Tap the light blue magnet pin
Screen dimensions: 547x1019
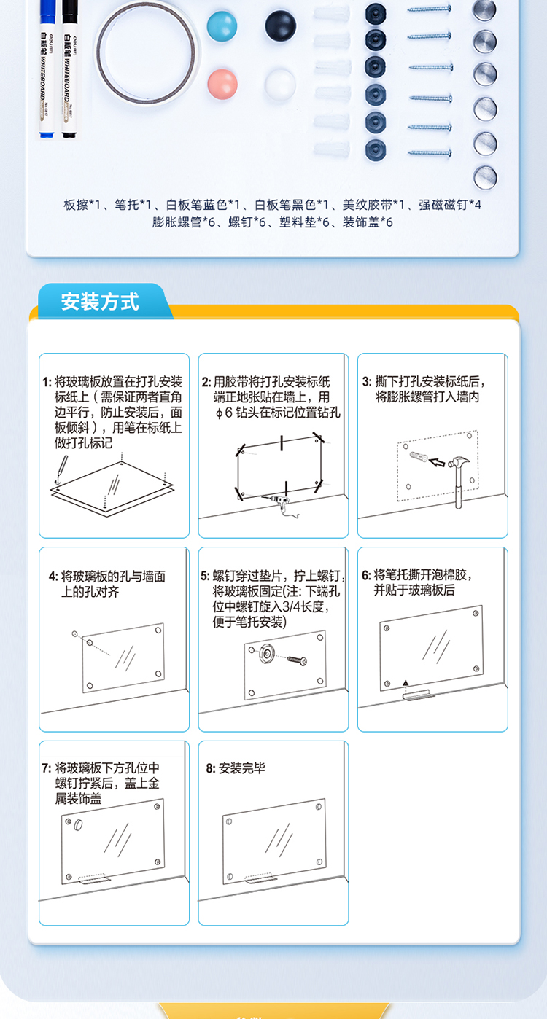pyautogui.click(x=222, y=26)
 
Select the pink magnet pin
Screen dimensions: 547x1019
pyautogui.click(x=222, y=84)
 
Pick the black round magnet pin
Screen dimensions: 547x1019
pyautogui.click(x=280, y=26)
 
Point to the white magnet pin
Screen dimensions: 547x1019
pyautogui.click(x=280, y=84)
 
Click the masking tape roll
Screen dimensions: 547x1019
pyautogui.click(x=147, y=51)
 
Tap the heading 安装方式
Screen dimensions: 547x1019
pyautogui.click(x=100, y=302)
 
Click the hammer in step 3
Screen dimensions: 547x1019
pyautogui.click(x=459, y=483)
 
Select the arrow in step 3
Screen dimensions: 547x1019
pyautogui.click(x=438, y=463)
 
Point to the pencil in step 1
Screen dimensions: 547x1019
pyautogui.click(x=62, y=468)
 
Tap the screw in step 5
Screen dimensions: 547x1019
pyautogui.click(x=297, y=660)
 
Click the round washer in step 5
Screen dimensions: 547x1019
pyautogui.click(x=267, y=654)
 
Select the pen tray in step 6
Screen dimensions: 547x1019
pyautogui.click(x=416, y=695)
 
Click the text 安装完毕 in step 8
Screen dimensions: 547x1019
pyautogui.click(x=241, y=768)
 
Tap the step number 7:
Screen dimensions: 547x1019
pyautogui.click(x=47, y=768)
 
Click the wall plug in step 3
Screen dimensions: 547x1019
pyautogui.click(x=419, y=456)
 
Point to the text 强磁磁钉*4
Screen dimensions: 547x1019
pyautogui.click(x=449, y=205)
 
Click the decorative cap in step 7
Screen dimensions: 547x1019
pyautogui.click(x=78, y=825)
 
